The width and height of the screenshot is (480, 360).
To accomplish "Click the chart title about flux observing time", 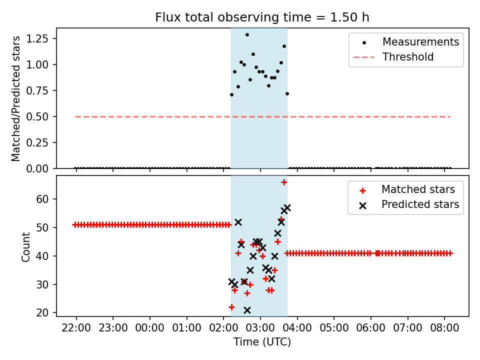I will [262, 17].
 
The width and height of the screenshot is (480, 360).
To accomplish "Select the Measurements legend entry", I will [420, 42].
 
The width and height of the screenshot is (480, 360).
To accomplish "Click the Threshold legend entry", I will [407, 57].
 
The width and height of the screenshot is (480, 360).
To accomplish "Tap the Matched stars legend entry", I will [418, 189].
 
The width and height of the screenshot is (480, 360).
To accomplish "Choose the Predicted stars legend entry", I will [420, 204].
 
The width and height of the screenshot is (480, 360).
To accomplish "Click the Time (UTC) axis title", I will [262, 342].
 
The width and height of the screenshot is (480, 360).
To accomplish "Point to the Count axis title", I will [26, 246].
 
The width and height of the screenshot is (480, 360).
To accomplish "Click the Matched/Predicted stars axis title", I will [16, 98].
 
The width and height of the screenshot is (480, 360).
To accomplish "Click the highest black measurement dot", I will [247, 34].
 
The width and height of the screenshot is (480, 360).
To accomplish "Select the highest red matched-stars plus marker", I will [284, 182].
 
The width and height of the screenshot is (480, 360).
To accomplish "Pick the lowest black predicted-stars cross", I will [247, 310].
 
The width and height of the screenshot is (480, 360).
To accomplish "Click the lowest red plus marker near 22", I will [231, 307].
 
